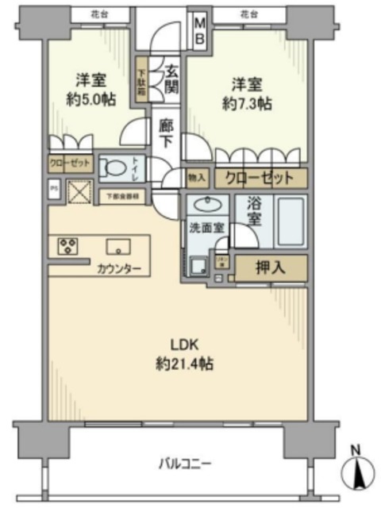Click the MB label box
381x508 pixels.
(x=200, y=30)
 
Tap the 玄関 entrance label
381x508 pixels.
(x=171, y=79)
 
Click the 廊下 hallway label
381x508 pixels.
(x=166, y=133)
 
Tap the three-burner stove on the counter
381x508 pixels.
(x=67, y=246)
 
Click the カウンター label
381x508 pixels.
(x=120, y=268)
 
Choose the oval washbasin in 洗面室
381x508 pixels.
(x=210, y=204)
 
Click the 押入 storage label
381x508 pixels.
(x=270, y=267)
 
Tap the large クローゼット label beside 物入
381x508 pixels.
(x=259, y=178)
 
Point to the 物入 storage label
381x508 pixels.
(x=197, y=178)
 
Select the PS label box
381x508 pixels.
(x=54, y=188)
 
